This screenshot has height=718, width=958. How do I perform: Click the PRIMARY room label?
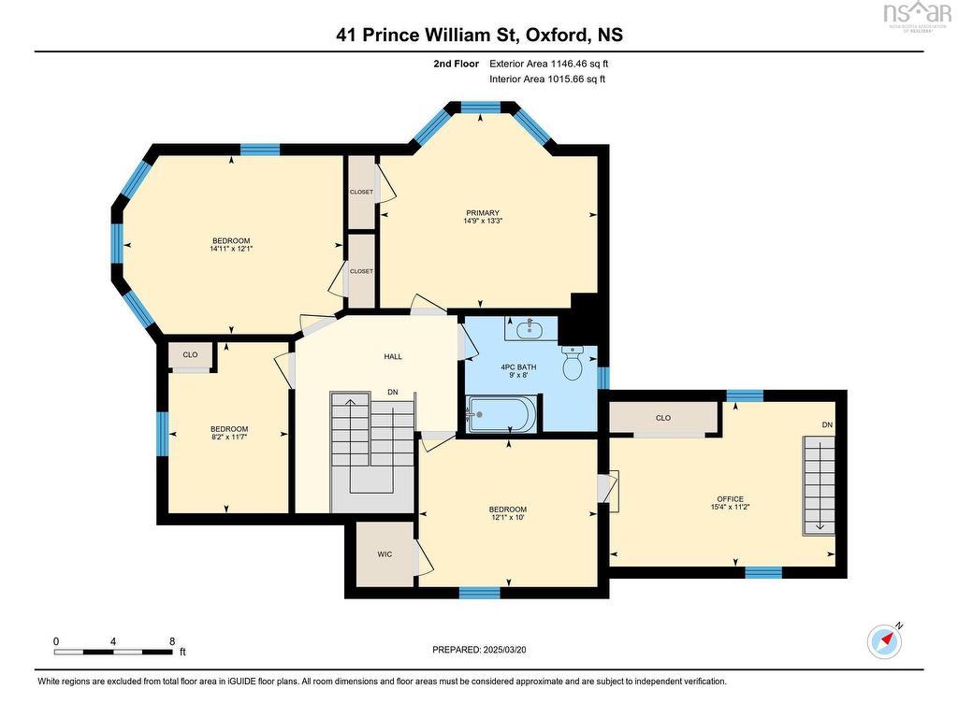click(x=482, y=212)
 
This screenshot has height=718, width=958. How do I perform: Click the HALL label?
click(x=393, y=356)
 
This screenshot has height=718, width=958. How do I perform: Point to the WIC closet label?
click(x=384, y=554)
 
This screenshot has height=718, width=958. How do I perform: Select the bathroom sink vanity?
click(x=530, y=328)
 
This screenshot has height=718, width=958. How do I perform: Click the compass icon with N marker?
click(x=883, y=640)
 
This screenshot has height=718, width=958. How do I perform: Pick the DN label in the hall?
click(x=393, y=393)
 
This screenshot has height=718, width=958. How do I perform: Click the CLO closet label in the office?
click(x=663, y=418)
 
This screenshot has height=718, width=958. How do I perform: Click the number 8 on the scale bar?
click(x=171, y=641)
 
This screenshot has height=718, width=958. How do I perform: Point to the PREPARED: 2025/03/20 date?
click(x=486, y=649)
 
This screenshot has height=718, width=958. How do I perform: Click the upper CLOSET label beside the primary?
click(x=361, y=192)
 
